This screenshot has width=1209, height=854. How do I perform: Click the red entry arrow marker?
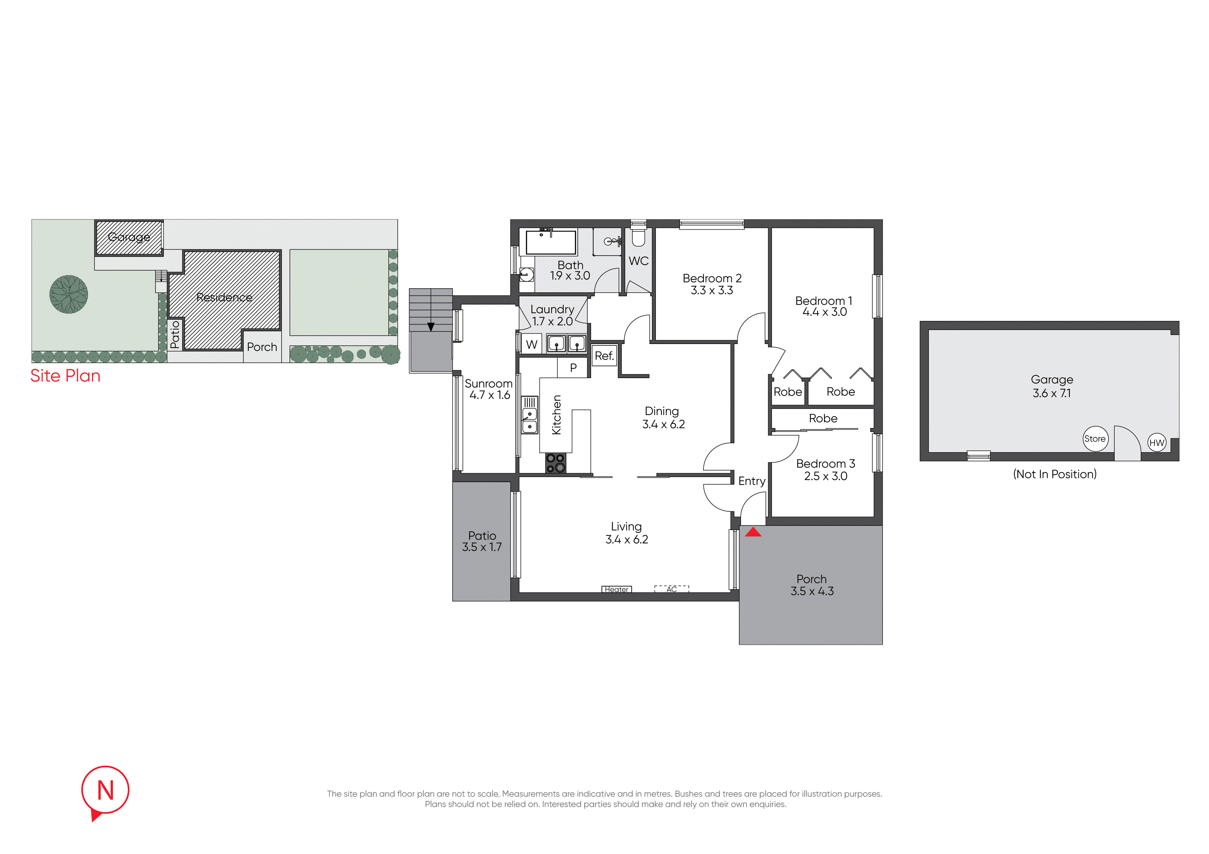point(753,532)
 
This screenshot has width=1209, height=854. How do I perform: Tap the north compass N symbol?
point(105,792)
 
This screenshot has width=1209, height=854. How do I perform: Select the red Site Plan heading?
point(65,376)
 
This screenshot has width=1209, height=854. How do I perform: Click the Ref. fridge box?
point(604,356)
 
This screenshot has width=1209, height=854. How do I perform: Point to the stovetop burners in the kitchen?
point(556,463)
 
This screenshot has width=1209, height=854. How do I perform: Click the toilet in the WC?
point(638,236)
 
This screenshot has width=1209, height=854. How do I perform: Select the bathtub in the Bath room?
point(551,242)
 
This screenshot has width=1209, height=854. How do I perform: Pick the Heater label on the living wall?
point(617,589)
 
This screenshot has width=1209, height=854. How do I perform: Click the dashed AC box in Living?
point(671,589)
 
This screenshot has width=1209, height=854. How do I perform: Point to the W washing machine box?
point(532,344)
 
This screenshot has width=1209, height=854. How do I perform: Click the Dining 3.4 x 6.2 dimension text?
point(663,424)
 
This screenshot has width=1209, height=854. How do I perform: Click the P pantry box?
point(573,367)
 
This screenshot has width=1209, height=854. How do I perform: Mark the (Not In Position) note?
point(1055,474)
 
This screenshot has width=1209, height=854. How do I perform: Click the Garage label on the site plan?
point(129,237)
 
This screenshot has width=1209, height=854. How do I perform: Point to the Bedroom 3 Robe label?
point(823,418)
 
